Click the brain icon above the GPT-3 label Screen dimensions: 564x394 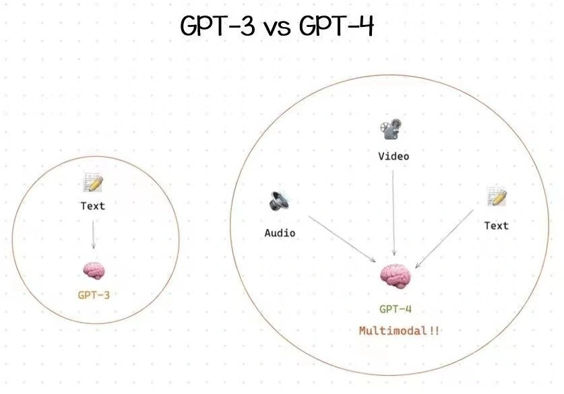click(x=94, y=271)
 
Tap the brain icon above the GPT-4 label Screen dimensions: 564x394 click(x=396, y=276)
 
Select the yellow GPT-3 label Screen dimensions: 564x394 click(x=94, y=295)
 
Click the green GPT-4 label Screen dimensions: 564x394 click(x=396, y=308)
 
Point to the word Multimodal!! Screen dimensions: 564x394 click(x=399, y=331)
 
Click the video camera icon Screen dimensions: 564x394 click(x=391, y=129)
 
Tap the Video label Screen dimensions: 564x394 click(x=394, y=156)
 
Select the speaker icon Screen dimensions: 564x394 click(x=279, y=201)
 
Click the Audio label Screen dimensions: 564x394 click(x=280, y=233)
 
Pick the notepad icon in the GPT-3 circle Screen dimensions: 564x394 click(x=94, y=183)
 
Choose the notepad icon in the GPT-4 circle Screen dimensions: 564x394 click(x=497, y=196)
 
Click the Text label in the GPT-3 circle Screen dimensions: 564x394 click(x=93, y=206)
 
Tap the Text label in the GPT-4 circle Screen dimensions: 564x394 click(x=497, y=226)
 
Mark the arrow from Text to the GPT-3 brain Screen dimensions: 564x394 click(x=93, y=234)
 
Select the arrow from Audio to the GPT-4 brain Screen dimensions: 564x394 click(x=342, y=238)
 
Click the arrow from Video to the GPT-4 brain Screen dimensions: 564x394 click(x=394, y=213)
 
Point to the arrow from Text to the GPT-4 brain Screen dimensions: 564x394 click(x=444, y=239)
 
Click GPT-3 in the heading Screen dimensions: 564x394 click(x=218, y=26)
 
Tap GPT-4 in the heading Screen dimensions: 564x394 click(x=337, y=26)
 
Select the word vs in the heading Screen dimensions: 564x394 click(x=278, y=29)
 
